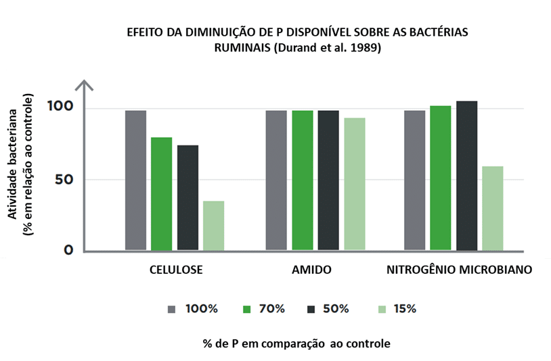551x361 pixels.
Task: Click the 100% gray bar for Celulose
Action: click(135, 180)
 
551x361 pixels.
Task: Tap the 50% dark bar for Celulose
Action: click(188, 197)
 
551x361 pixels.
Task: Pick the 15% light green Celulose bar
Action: click(213, 225)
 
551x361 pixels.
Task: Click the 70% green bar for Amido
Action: click(302, 180)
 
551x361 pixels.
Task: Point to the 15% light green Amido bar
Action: click(354, 184)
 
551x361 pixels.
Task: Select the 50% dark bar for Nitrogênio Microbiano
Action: click(466, 176)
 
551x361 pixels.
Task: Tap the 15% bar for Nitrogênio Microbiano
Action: click(493, 208)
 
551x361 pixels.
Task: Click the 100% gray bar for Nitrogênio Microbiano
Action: click(414, 180)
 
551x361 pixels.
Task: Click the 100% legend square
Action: click(172, 309)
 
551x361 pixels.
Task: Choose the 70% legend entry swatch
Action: click(247, 309)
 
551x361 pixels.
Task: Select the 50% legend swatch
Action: click(311, 309)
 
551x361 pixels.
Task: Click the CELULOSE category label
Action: click(176, 270)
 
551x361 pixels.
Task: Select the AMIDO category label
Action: click(311, 270)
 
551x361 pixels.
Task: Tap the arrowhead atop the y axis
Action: click(84, 85)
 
